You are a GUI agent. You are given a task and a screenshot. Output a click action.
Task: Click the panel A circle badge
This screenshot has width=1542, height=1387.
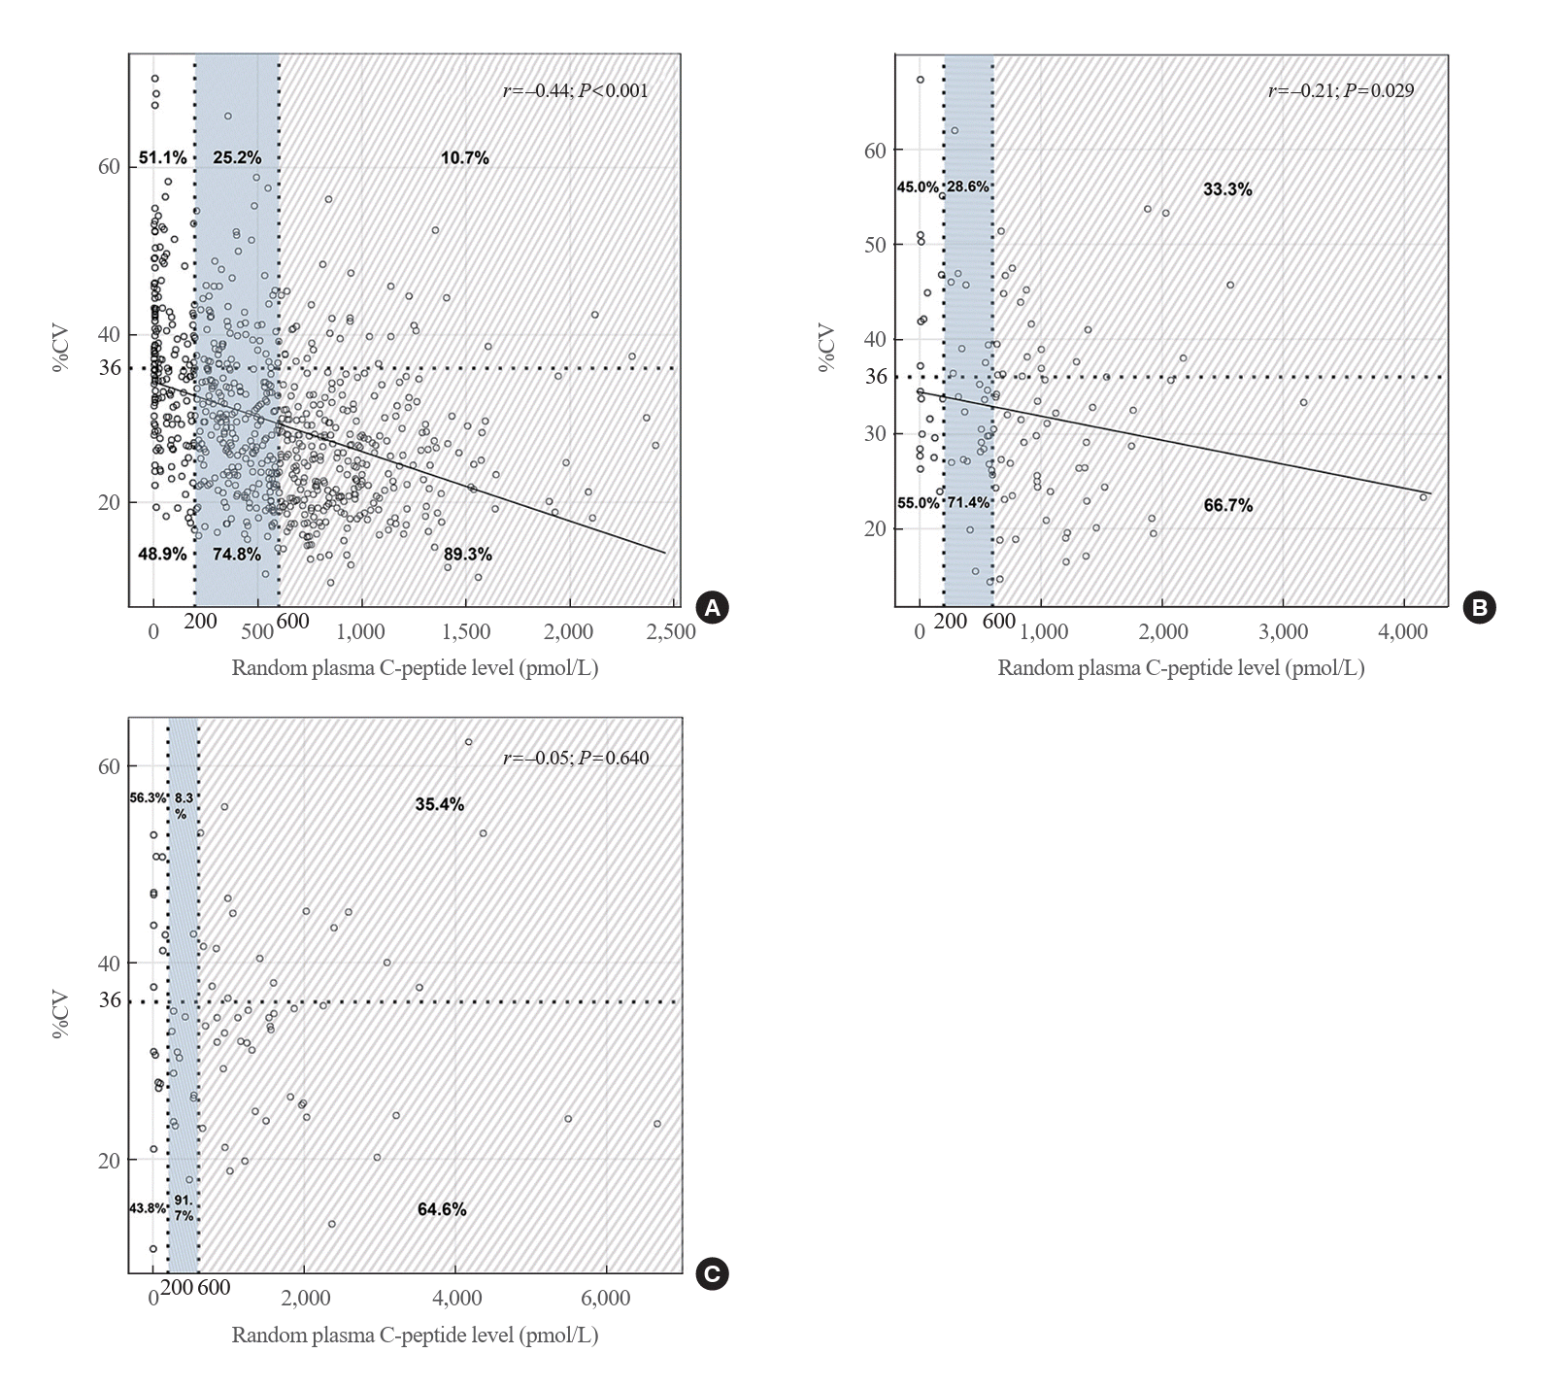click(x=713, y=608)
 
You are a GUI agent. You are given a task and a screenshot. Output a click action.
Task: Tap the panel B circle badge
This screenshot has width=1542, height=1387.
click(x=1479, y=608)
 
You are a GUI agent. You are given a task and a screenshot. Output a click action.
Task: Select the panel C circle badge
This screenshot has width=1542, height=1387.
click(x=713, y=1274)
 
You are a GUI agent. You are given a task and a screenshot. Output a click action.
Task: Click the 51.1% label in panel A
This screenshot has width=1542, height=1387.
click(x=162, y=157)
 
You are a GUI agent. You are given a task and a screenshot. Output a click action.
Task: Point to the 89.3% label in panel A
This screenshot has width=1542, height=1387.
click(x=467, y=555)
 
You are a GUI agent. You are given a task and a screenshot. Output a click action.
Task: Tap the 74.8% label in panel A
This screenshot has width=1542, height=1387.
click(x=236, y=555)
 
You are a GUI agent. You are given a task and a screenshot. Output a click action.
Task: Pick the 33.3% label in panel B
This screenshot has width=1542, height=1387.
click(x=1227, y=190)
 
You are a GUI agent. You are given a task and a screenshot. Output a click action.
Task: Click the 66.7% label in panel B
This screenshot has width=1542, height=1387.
click(x=1227, y=505)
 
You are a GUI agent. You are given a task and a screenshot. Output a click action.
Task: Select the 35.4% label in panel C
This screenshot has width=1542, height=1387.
click(x=439, y=804)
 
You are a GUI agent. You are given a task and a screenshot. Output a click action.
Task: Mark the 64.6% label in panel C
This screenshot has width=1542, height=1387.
click(x=442, y=1209)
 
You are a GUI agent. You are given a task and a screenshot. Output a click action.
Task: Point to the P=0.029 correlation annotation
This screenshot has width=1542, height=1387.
click(x=1379, y=91)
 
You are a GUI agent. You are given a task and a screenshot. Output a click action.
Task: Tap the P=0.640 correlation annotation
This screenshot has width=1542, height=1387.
click(x=614, y=759)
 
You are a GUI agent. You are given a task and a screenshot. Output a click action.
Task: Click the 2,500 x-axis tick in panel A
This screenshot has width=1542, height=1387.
click(x=674, y=631)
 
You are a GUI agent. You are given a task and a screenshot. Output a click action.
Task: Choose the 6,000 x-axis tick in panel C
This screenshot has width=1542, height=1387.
click(x=607, y=1299)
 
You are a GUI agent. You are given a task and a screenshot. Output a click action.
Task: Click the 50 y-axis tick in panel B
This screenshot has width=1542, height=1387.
click(x=875, y=245)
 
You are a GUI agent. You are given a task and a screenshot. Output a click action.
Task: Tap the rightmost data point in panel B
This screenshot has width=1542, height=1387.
click(x=1424, y=497)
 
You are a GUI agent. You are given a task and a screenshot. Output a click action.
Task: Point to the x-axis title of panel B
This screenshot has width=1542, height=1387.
click(x=1181, y=668)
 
